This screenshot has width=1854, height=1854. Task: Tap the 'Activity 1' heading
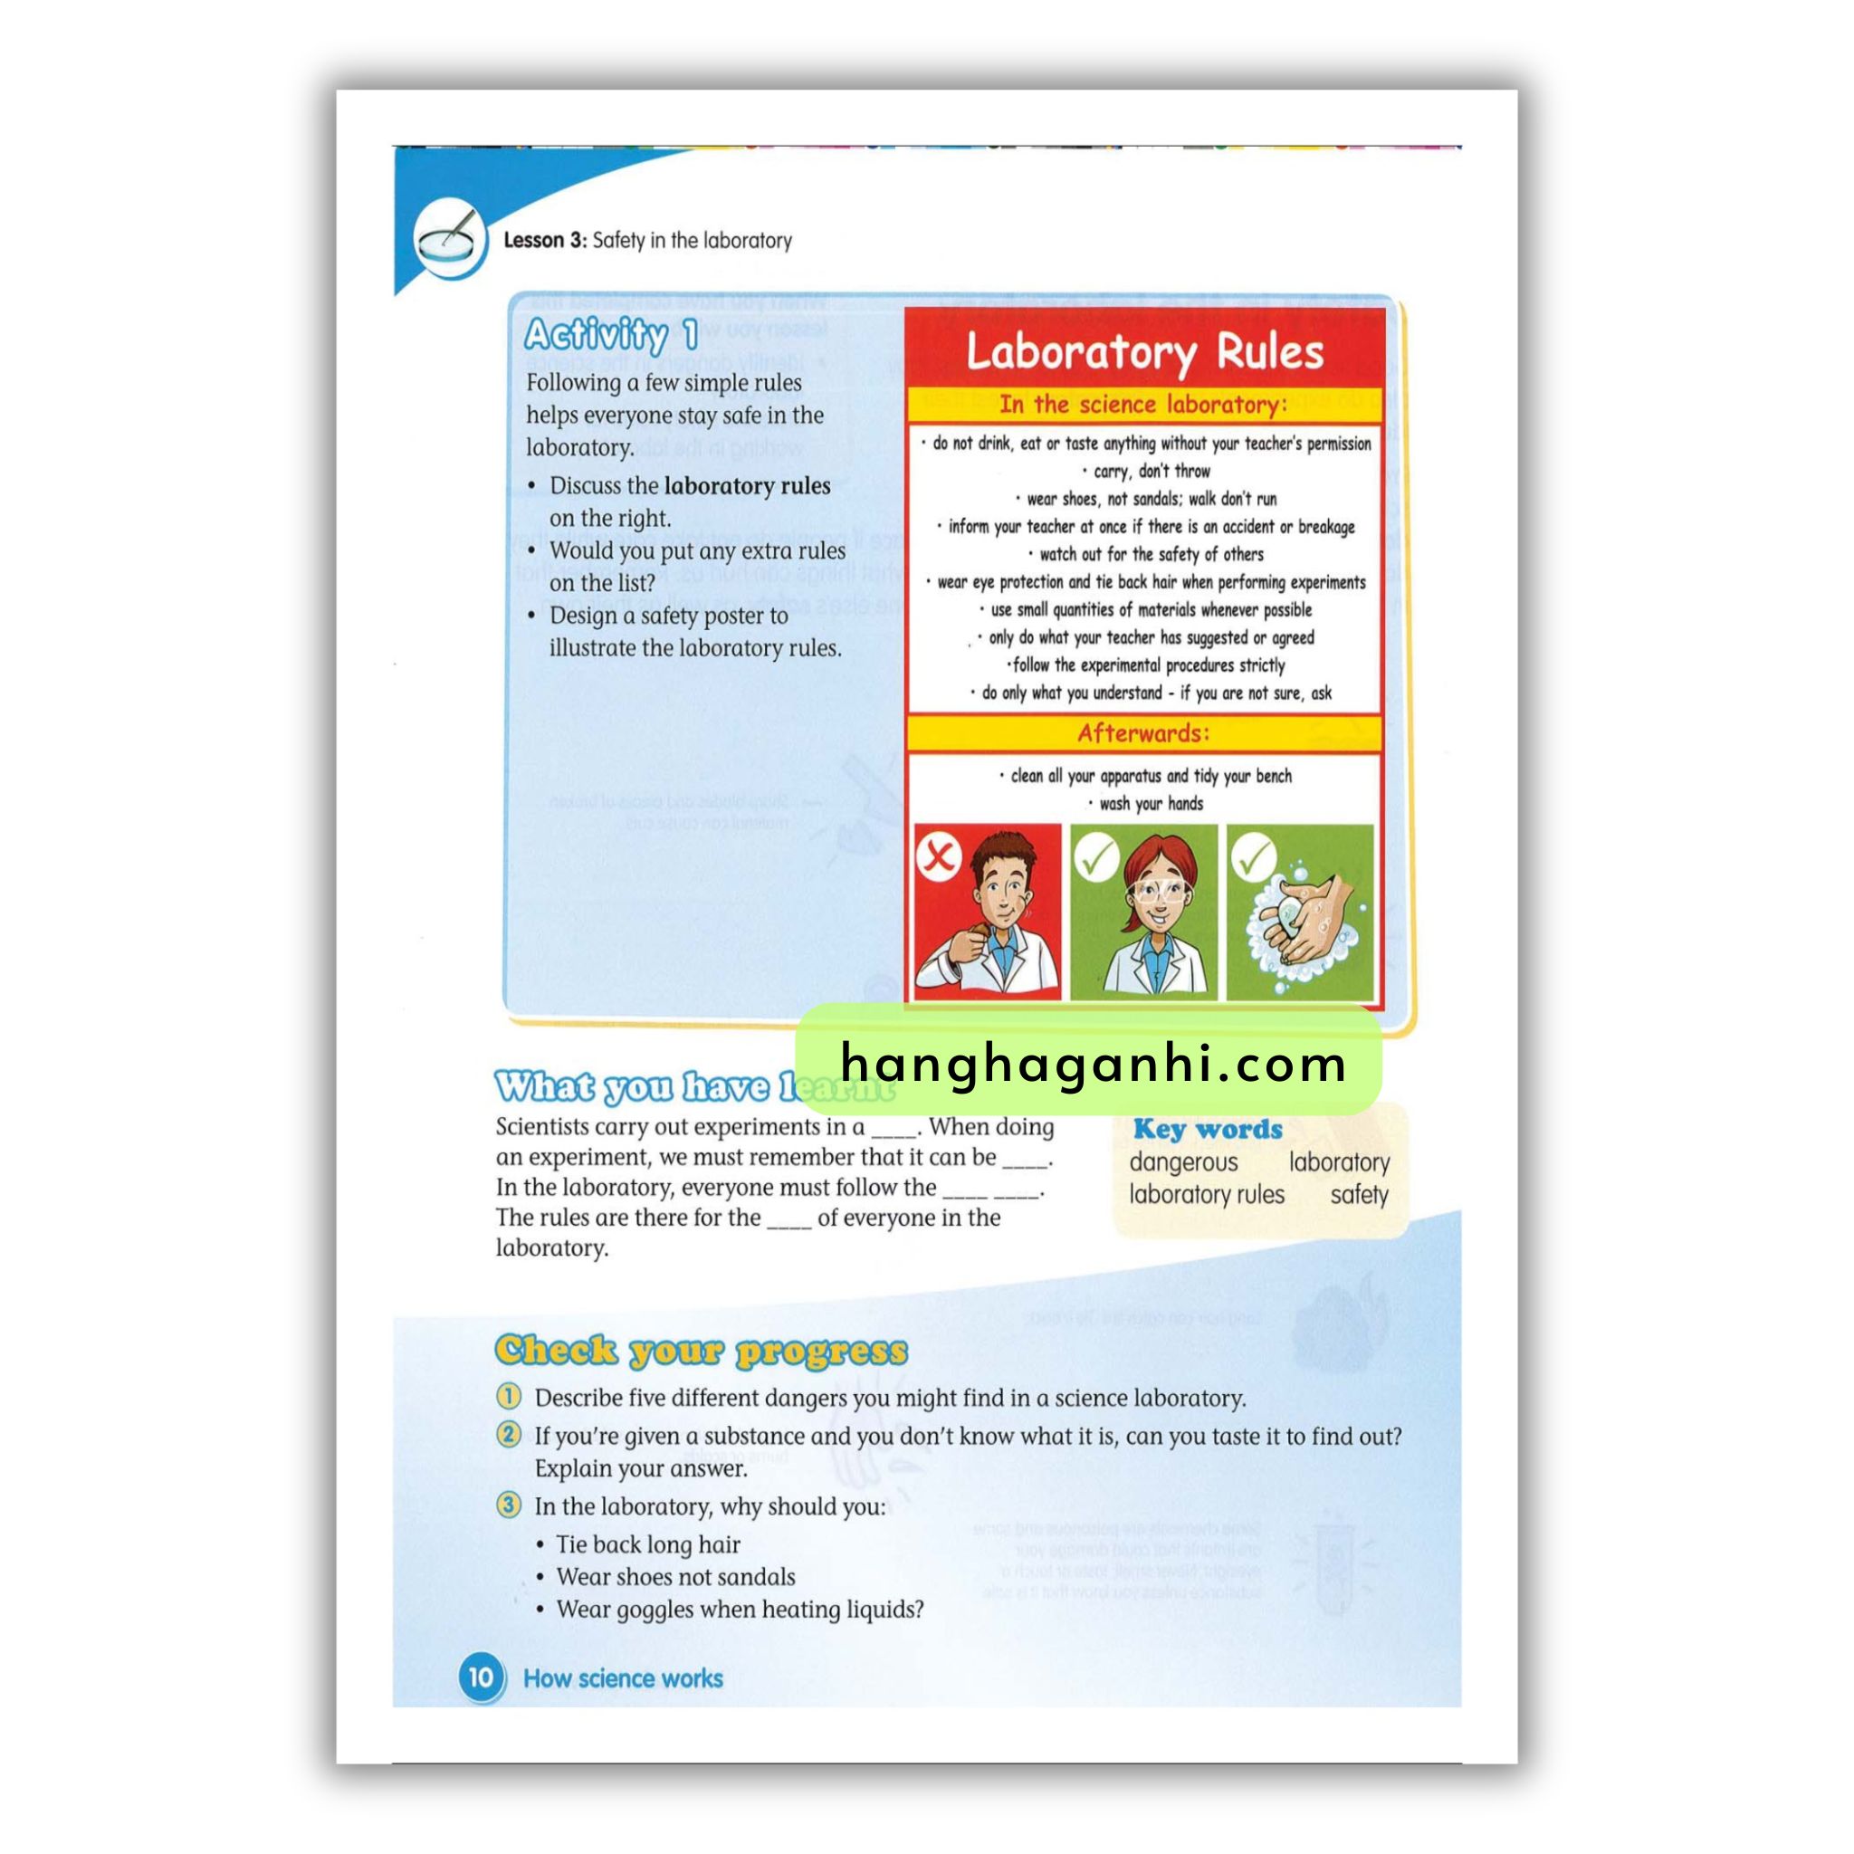pyautogui.click(x=611, y=335)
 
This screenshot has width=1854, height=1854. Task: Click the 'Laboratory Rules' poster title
pyautogui.click(x=1144, y=351)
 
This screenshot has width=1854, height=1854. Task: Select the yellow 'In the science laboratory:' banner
pyautogui.click(x=1143, y=404)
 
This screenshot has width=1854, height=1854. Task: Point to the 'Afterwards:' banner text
pyautogui.click(x=1143, y=733)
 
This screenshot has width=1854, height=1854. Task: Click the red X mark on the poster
pyautogui.click(x=939, y=854)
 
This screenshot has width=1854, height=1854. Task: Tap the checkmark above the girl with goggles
pyautogui.click(x=1095, y=853)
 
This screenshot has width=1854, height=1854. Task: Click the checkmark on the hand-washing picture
pyautogui.click(x=1252, y=853)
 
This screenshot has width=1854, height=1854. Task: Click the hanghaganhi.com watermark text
pyautogui.click(x=1092, y=1064)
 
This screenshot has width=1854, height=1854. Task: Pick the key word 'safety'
pyautogui.click(x=1359, y=1195)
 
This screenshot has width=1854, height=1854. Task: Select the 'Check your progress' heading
pyautogui.click(x=701, y=1350)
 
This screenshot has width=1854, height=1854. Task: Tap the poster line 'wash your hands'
pyautogui.click(x=1150, y=803)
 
